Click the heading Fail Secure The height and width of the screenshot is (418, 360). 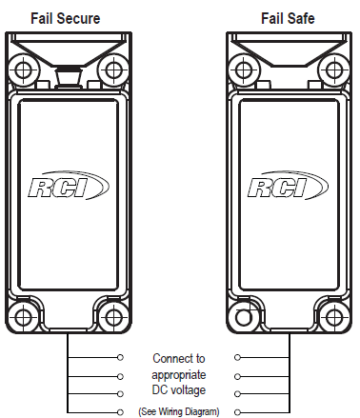[66, 18]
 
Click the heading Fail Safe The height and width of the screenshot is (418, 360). [288, 18]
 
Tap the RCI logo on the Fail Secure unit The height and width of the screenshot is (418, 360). [69, 186]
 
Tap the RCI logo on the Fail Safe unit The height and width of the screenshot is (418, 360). [288, 186]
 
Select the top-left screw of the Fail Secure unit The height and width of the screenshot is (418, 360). [23, 70]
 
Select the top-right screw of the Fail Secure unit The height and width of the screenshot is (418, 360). [113, 70]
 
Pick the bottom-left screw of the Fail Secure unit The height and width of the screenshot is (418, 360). [23, 317]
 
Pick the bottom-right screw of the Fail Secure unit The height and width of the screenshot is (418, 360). [113, 317]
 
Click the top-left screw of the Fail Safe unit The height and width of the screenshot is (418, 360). [244, 70]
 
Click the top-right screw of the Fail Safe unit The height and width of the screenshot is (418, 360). [333, 70]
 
